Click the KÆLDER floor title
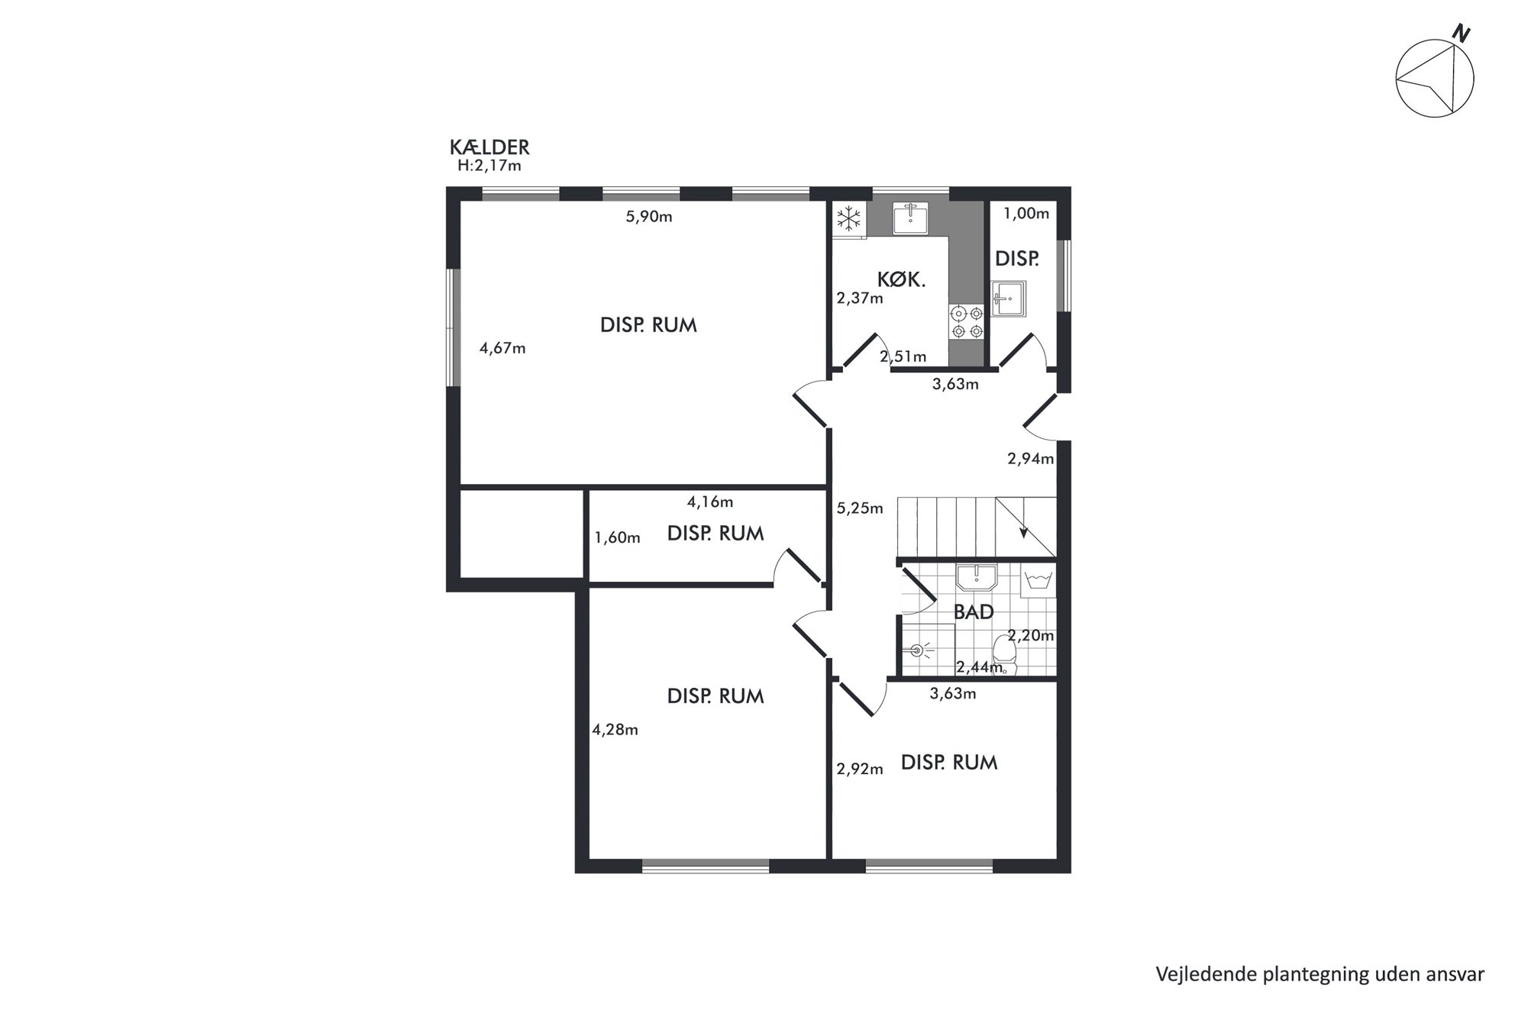point(489,147)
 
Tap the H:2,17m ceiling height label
point(489,166)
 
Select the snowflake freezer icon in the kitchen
point(848,219)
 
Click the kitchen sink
point(911,218)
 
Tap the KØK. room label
point(901,280)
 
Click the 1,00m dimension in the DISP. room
point(1026,214)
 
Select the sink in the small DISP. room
point(1009,298)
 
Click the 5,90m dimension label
point(649,217)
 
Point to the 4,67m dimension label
point(502,349)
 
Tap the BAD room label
point(974,612)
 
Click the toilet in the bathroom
point(1004,655)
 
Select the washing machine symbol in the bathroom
point(1037,580)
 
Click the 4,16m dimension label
point(710,502)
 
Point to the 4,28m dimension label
point(615,730)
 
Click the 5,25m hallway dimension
point(860,508)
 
